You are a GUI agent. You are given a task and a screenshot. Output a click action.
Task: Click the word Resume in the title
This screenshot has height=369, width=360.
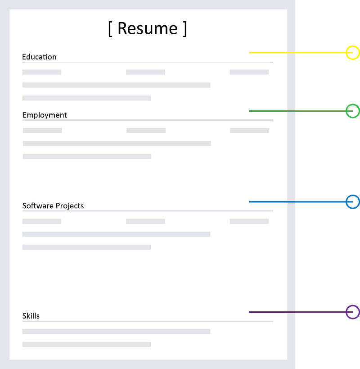coord(148,28)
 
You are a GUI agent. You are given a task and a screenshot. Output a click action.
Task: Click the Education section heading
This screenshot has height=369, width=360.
coord(39,57)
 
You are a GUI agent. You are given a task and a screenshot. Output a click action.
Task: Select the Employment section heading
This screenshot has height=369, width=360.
coord(45,115)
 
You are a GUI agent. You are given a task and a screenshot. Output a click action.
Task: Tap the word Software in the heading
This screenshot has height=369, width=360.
coord(37,206)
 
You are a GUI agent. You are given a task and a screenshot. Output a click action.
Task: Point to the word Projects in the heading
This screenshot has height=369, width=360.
coord(69,206)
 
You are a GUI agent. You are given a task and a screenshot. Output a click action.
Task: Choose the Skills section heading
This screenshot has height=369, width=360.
coord(31,316)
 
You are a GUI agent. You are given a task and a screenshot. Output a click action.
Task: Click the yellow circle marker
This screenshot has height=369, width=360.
coord(352,53)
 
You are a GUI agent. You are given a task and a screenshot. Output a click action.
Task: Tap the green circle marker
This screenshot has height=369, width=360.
coord(352,110)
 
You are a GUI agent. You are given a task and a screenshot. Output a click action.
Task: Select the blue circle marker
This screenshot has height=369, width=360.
coord(352,201)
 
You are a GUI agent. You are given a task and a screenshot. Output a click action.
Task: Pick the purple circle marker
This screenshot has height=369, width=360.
coord(352,312)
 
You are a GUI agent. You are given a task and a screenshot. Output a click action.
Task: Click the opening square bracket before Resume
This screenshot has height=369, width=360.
coord(110,28)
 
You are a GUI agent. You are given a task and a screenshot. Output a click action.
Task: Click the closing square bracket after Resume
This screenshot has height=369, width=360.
coord(184,28)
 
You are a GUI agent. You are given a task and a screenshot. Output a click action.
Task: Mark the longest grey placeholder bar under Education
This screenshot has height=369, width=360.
coord(116,85)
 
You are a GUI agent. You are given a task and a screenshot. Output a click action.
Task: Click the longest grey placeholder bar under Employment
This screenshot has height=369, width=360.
coord(117,143)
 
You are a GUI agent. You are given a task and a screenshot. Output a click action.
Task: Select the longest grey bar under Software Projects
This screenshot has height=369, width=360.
coord(116,234)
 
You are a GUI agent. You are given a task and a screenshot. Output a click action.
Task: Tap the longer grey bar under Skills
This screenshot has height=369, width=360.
coord(116,332)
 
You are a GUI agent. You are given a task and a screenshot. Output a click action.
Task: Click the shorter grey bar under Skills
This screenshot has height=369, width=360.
coord(86,345)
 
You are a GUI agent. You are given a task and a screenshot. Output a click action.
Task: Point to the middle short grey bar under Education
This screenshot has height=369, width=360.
coord(145,72)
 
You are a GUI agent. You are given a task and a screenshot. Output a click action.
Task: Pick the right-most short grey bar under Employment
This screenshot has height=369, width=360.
coord(249,131)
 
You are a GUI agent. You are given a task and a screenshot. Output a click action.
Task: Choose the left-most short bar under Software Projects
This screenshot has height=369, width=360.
coord(42,221)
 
